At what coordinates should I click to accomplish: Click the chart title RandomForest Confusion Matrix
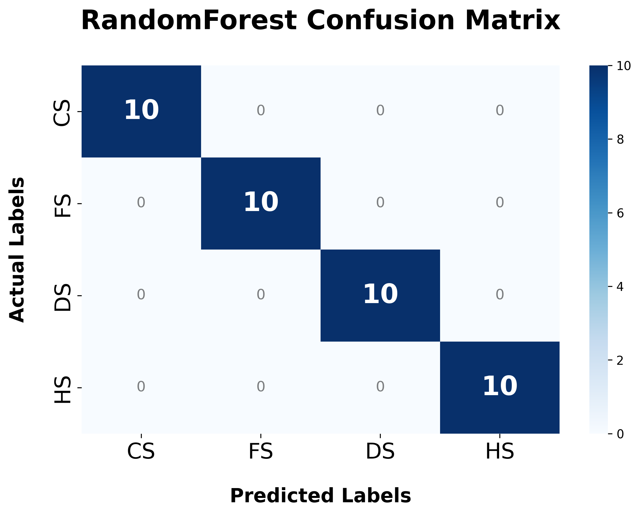(x=321, y=20)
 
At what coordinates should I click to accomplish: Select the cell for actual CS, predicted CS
(x=141, y=111)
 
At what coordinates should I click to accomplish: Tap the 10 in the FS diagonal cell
(x=261, y=203)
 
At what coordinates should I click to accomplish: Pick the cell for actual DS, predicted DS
(x=380, y=296)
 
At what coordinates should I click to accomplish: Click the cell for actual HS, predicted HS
(x=500, y=388)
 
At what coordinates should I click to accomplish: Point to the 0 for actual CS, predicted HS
(x=500, y=111)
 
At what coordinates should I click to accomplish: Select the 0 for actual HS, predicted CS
(x=141, y=387)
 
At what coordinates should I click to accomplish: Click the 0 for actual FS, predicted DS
(x=380, y=203)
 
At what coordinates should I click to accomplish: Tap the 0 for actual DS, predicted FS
(x=261, y=295)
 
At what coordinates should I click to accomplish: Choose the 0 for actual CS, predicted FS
(x=261, y=111)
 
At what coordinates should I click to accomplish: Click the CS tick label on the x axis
(x=141, y=452)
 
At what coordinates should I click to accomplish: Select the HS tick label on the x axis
(x=500, y=452)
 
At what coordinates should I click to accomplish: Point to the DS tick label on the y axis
(x=62, y=297)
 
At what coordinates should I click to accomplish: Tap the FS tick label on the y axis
(x=62, y=206)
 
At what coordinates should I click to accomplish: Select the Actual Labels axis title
(x=17, y=250)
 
